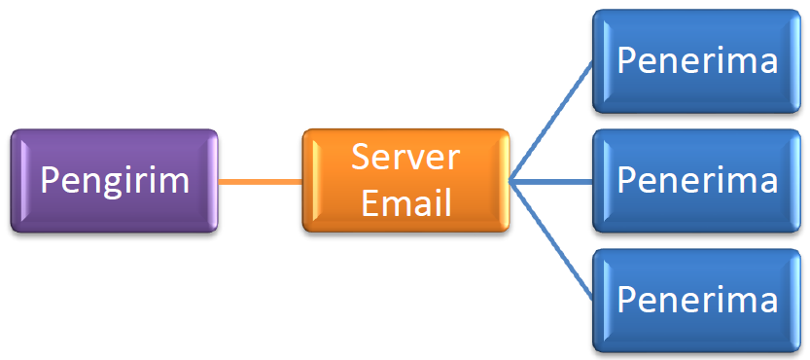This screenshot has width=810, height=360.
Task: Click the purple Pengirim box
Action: click(114, 181)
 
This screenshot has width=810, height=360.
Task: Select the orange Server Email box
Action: click(406, 181)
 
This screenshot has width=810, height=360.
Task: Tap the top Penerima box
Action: click(697, 61)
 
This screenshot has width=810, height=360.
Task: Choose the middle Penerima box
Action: click(697, 181)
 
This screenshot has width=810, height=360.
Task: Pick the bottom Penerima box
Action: click(697, 301)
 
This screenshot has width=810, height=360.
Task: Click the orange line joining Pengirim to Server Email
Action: click(261, 182)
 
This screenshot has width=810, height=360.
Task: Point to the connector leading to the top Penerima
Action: click(551, 121)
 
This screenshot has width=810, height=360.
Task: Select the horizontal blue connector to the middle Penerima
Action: click(551, 182)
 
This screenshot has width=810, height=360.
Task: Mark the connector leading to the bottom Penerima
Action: click(551, 241)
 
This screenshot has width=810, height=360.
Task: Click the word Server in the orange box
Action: click(405, 157)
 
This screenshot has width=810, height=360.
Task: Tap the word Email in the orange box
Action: click(406, 202)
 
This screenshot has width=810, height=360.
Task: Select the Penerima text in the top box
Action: click(697, 60)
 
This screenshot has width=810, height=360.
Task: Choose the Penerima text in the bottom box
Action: click(697, 299)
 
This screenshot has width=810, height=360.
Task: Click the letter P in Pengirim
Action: click(50, 181)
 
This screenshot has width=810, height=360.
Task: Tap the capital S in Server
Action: click(361, 157)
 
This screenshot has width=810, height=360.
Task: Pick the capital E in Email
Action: click(369, 202)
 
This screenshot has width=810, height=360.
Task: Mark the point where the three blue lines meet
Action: click(510, 182)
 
